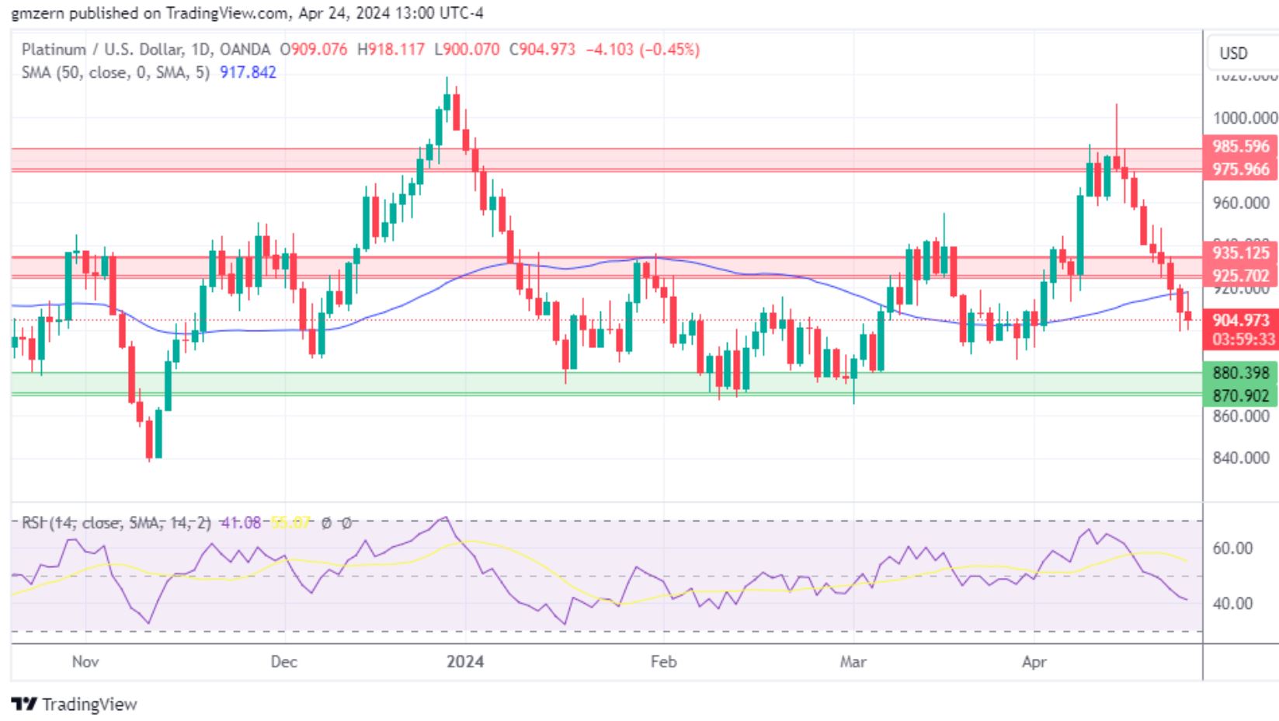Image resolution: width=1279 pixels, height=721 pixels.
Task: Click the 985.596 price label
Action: [x=1240, y=146]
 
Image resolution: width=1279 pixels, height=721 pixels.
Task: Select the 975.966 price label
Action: [x=1240, y=169]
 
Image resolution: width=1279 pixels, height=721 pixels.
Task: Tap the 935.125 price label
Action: [x=1240, y=253]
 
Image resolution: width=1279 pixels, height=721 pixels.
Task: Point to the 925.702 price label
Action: [x=1240, y=275]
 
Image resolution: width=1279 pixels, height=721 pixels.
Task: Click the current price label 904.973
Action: [x=1240, y=320]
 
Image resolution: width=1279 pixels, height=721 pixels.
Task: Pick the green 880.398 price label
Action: [x=1240, y=373]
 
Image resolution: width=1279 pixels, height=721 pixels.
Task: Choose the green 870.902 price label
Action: [x=1240, y=395]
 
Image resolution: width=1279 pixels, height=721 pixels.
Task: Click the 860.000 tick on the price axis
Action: [x=1240, y=416]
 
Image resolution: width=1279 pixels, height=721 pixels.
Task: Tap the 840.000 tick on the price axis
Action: [x=1240, y=458]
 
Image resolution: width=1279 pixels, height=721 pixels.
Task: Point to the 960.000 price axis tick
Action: [x=1240, y=203]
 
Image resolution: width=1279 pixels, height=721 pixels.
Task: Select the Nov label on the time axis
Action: [x=85, y=662]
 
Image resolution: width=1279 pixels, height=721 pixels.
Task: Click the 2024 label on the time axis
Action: [x=464, y=662]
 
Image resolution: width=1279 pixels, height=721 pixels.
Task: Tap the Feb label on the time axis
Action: [x=663, y=662]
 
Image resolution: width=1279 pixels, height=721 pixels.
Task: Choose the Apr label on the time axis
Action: [x=1034, y=662]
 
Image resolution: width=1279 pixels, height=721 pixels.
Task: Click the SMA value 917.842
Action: [x=248, y=72]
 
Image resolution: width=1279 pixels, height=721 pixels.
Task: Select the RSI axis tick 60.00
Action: [x=1232, y=549]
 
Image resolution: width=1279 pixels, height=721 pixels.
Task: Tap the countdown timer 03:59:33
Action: [x=1240, y=339]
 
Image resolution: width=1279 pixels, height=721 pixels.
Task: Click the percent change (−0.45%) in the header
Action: [x=669, y=50]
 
